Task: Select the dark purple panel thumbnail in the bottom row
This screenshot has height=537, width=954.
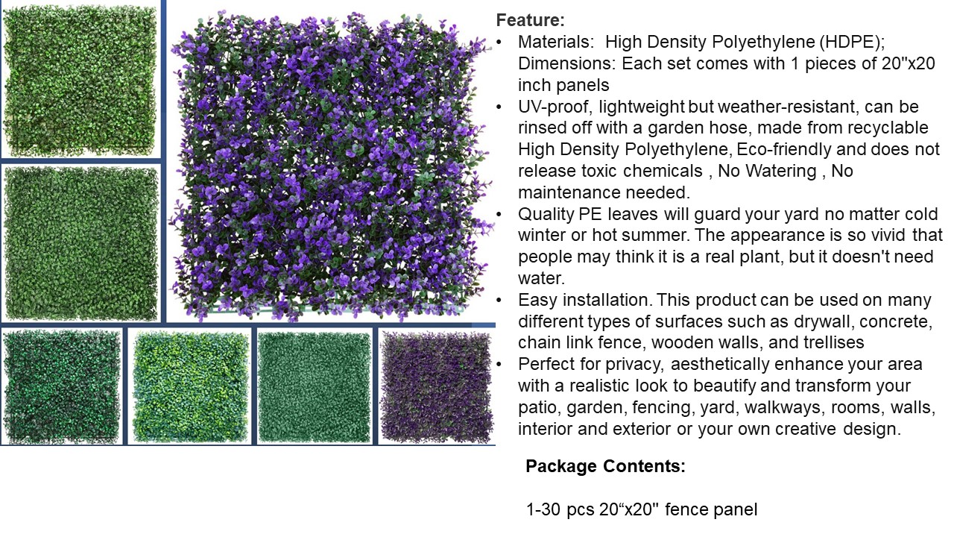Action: click(437, 387)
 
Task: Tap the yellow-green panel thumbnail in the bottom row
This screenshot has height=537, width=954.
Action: click(190, 387)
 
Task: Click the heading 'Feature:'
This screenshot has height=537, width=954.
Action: click(530, 20)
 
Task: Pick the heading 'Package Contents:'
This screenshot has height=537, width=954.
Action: click(605, 466)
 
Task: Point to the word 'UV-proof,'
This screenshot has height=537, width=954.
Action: click(555, 107)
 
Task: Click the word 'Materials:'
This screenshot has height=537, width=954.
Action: click(556, 42)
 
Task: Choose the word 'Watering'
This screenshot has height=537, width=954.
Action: click(780, 171)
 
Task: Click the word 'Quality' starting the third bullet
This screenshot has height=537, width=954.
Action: click(546, 214)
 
